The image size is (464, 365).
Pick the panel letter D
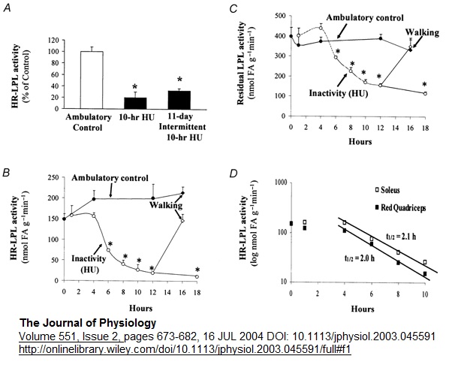[234, 174]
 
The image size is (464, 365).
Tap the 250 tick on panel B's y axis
[51, 177]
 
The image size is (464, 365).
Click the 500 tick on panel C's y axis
[279, 16]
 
